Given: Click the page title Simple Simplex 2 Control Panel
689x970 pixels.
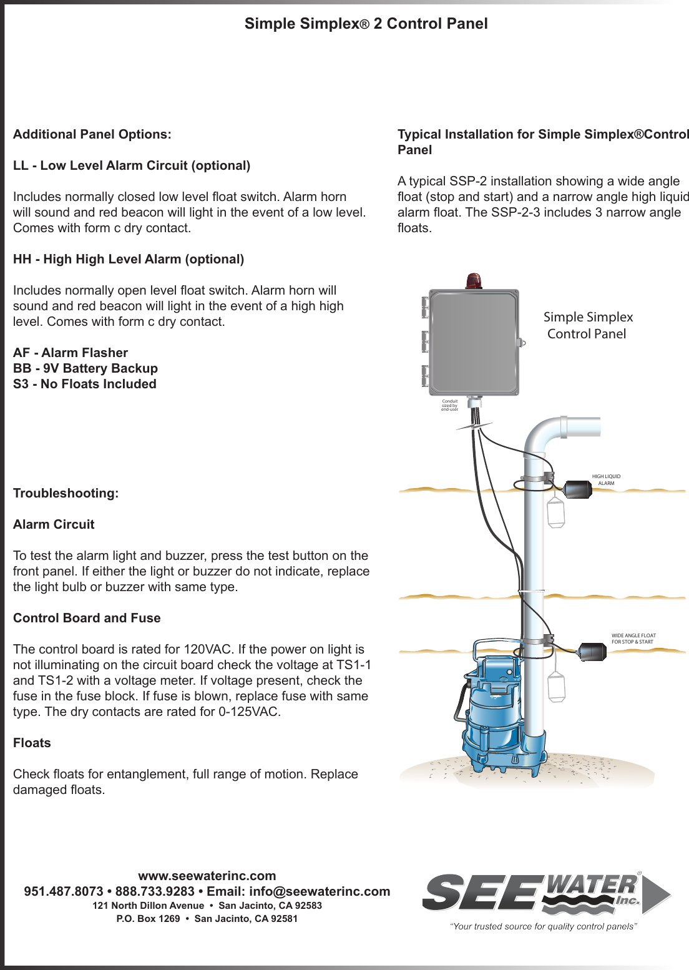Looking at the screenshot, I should (x=366, y=24).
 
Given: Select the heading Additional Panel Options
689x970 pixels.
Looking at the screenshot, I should (x=92, y=134).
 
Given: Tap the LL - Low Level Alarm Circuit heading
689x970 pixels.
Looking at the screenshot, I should (x=132, y=165).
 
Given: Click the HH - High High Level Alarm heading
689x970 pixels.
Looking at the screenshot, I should (x=129, y=259).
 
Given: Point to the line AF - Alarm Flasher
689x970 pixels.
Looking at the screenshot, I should (x=71, y=353).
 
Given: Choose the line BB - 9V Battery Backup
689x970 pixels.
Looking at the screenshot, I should (x=86, y=368).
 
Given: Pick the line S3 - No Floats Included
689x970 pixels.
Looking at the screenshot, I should (x=85, y=384).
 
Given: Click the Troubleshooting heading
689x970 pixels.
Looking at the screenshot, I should (x=66, y=493).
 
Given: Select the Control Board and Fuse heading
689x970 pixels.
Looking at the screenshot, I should (x=87, y=618).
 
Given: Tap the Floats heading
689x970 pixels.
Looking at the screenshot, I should (x=32, y=743).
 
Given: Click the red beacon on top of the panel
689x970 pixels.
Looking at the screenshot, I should (x=474, y=281).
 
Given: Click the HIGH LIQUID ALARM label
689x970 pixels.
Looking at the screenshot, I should (x=606, y=479).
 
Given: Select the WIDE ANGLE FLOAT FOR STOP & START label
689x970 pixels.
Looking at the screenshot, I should (x=633, y=639).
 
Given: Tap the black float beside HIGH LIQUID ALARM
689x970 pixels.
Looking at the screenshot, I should (x=578, y=489).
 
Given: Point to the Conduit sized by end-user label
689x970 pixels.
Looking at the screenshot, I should (x=449, y=405).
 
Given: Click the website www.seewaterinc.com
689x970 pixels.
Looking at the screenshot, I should (x=207, y=876).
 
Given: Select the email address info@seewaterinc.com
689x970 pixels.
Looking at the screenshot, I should (x=320, y=891).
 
